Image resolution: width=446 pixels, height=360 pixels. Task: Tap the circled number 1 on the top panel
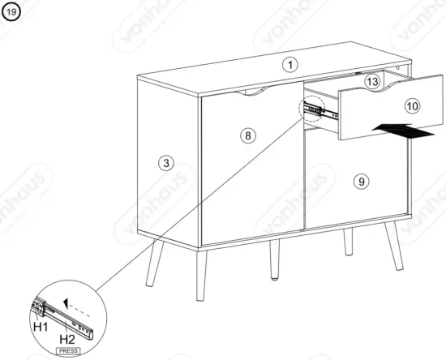pos(290,64)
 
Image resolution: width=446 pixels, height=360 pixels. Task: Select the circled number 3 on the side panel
pos(166,162)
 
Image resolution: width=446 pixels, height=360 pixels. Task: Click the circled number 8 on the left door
pos(248,135)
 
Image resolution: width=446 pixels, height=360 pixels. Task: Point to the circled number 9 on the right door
pos(362,182)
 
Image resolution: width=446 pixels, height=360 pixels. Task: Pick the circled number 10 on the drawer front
pos(412,105)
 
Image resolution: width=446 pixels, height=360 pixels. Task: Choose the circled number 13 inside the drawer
pos(372,82)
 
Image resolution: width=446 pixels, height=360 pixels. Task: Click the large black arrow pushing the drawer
pos(401,130)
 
